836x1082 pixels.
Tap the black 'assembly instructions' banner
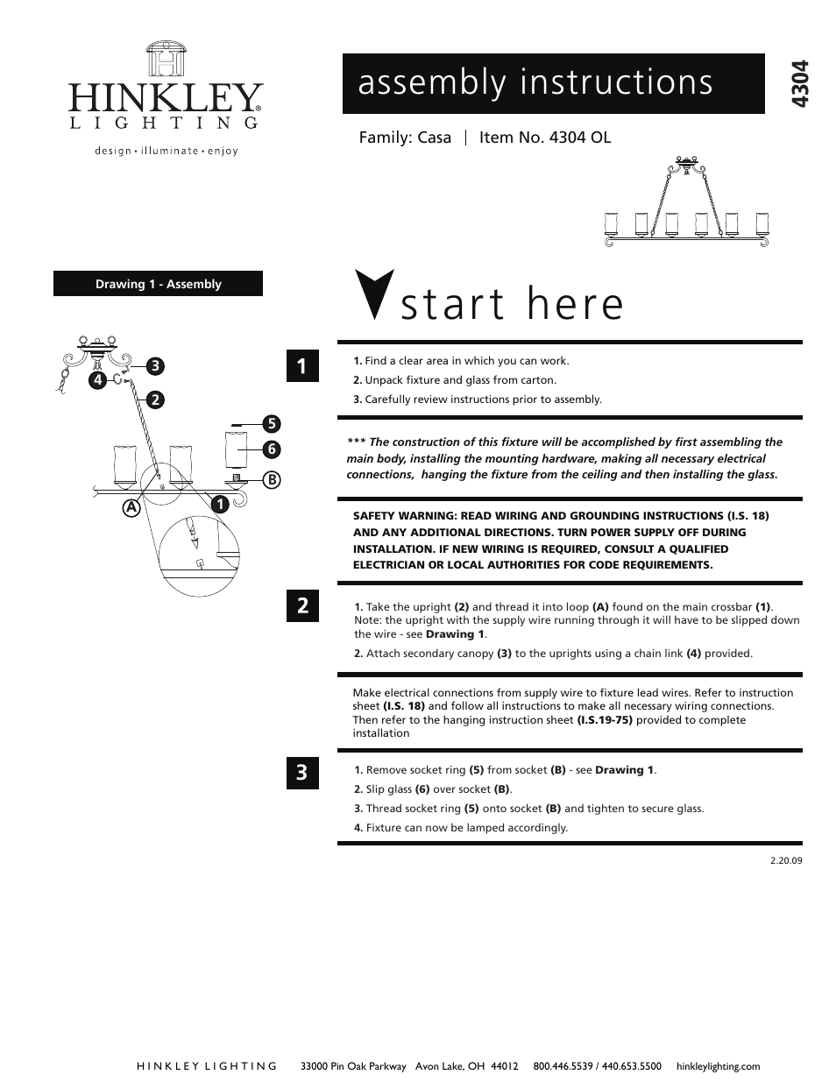click(553, 83)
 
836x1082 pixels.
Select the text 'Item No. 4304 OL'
click(545, 138)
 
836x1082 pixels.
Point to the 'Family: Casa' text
click(405, 138)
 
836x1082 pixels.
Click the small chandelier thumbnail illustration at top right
click(688, 203)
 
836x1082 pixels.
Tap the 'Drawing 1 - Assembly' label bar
click(158, 284)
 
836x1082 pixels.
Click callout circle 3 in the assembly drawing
click(155, 364)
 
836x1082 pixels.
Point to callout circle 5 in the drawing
click(271, 424)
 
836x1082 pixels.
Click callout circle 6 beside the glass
click(271, 449)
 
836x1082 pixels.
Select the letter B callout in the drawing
click(272, 479)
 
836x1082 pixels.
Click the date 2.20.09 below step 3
click(785, 859)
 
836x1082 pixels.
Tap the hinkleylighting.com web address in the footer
click(719, 1066)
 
